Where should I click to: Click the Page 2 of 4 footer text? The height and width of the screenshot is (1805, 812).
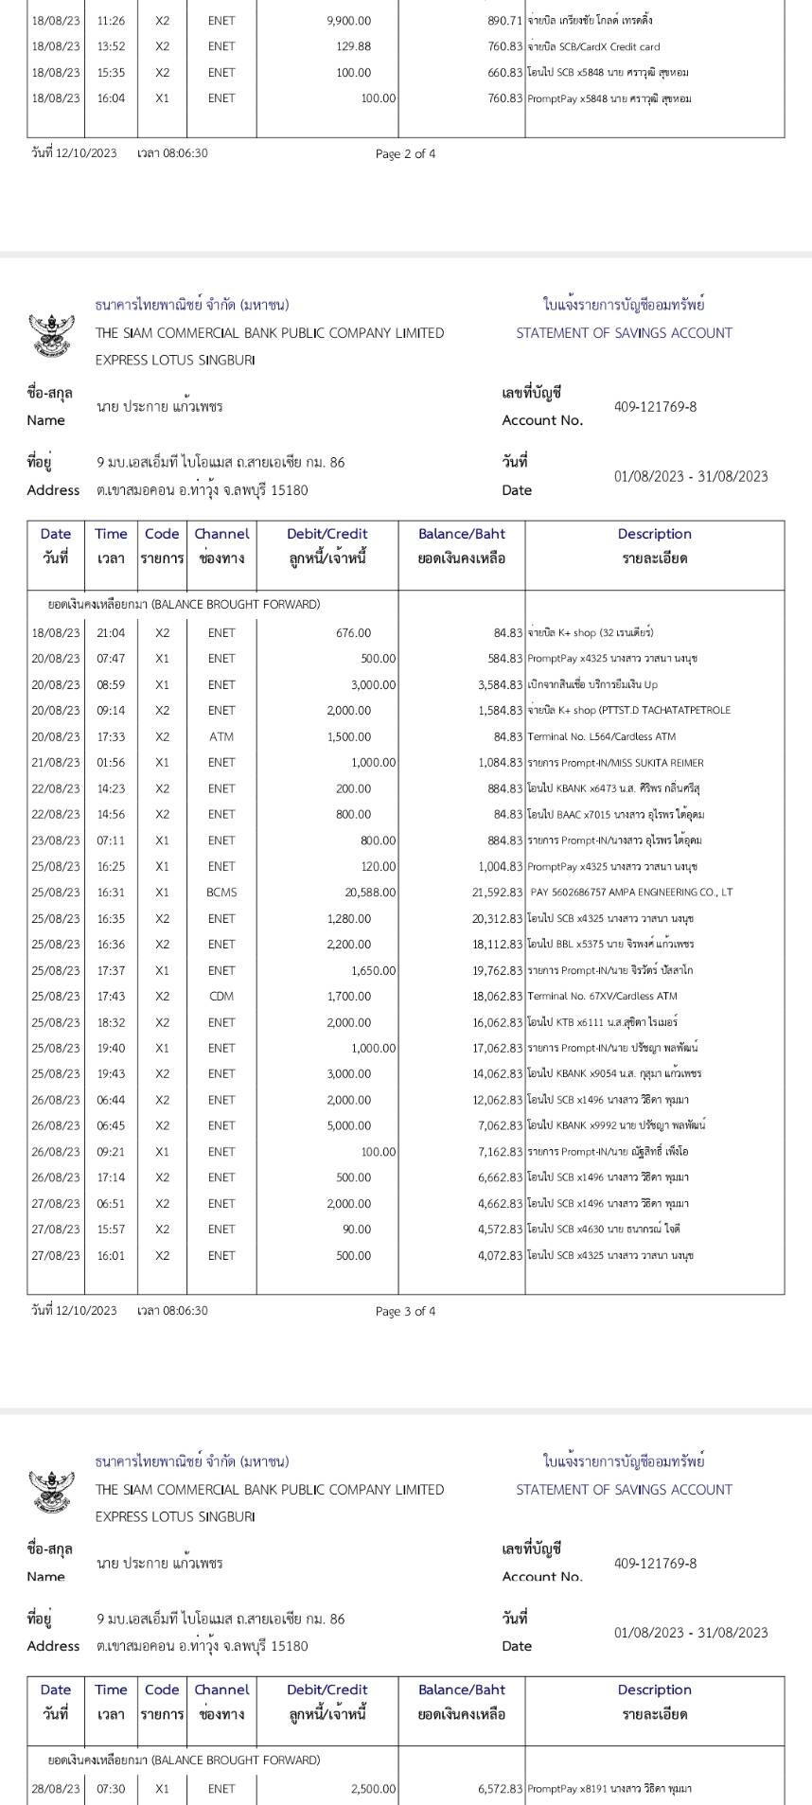click(x=405, y=154)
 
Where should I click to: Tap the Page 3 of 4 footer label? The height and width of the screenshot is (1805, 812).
click(x=405, y=1311)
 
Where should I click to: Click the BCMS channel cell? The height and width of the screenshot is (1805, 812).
click(x=221, y=893)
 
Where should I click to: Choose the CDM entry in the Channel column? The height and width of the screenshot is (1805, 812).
click(x=221, y=996)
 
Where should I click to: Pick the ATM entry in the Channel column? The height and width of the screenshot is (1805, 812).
click(x=221, y=736)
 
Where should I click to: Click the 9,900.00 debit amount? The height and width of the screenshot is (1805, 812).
click(x=348, y=21)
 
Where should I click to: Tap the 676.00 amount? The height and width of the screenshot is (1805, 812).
click(x=353, y=632)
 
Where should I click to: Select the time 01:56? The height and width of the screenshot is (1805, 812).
click(x=111, y=762)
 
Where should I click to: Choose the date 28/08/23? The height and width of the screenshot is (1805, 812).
click(x=56, y=1789)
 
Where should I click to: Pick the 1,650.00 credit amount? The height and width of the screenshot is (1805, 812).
click(x=373, y=970)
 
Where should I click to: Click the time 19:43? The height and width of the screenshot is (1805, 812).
click(x=111, y=1073)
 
